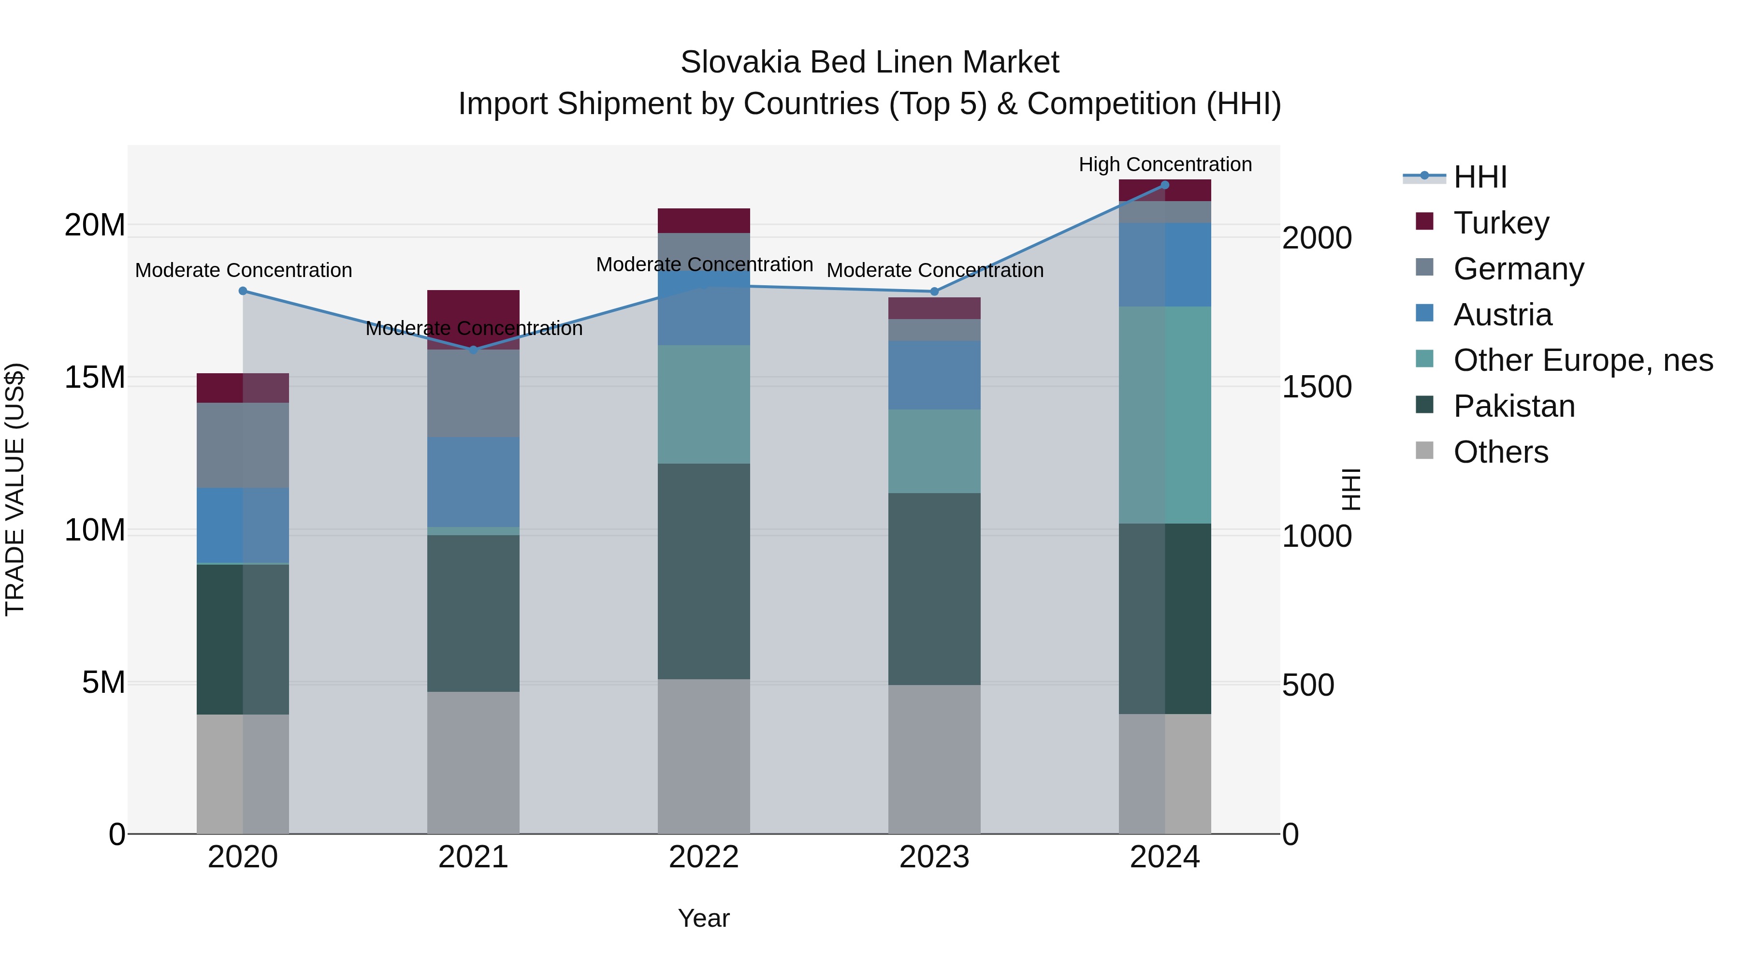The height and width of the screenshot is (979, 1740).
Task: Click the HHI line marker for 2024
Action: click(1164, 185)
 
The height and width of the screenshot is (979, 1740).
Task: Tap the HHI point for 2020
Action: click(243, 291)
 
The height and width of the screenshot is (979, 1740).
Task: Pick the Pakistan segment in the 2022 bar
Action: click(704, 571)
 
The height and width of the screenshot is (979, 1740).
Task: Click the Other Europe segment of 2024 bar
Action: click(1164, 415)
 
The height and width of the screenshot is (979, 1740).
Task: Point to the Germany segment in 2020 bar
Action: click(243, 445)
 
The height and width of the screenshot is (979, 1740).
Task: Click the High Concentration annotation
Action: click(1164, 165)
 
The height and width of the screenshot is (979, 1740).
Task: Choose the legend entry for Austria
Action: click(1502, 315)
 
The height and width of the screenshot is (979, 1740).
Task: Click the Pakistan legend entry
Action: click(1514, 407)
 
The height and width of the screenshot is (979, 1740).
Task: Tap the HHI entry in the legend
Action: click(1479, 177)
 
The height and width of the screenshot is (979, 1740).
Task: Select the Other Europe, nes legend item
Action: click(1582, 361)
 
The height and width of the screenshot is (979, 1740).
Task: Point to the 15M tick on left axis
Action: click(95, 378)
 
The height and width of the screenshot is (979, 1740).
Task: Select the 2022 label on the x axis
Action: click(704, 857)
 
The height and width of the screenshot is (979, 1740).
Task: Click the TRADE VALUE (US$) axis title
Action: click(15, 489)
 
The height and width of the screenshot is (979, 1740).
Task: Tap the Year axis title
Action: click(704, 918)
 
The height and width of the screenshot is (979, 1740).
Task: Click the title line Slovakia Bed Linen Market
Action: click(870, 62)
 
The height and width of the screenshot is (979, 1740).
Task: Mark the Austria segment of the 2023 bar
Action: click(934, 375)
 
